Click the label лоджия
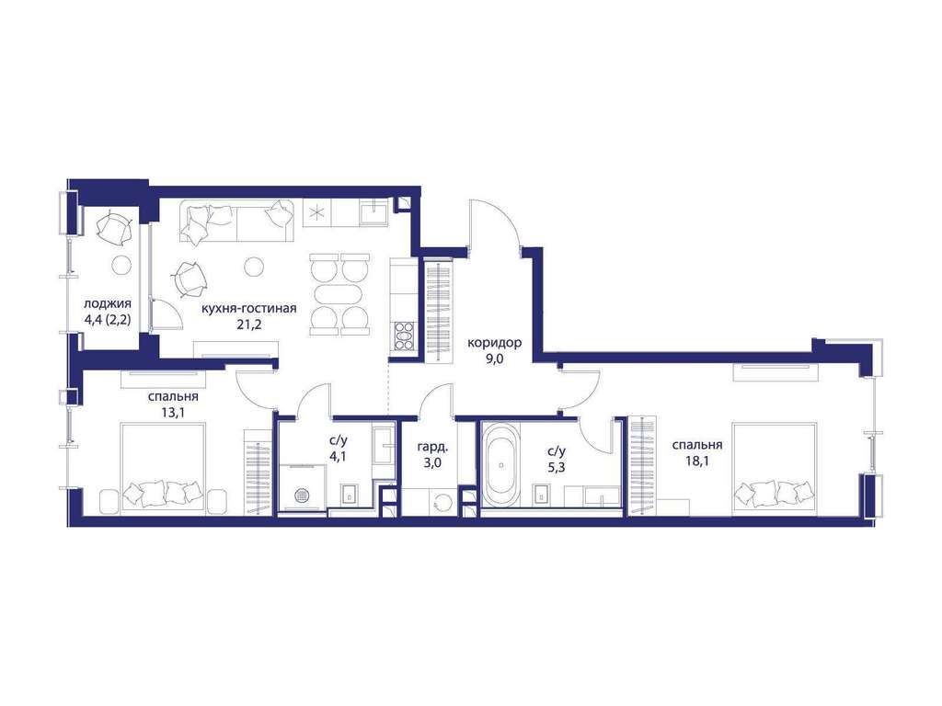(x=108, y=303)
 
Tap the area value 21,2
(x=248, y=325)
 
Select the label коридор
(x=494, y=343)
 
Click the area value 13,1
(x=173, y=413)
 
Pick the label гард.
(x=432, y=447)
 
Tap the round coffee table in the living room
(x=255, y=266)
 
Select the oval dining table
(x=339, y=293)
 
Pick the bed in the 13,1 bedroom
(x=163, y=468)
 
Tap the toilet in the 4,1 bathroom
(x=349, y=494)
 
